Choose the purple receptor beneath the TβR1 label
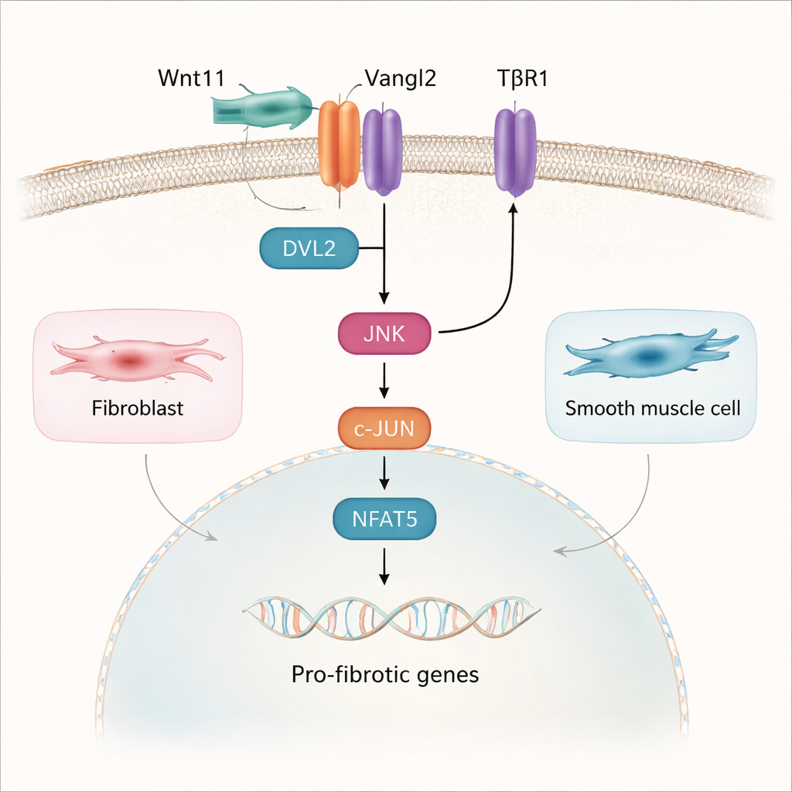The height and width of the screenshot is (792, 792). click(515, 150)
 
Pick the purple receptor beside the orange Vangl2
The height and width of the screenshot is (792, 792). click(382, 150)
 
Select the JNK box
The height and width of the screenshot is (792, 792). click(384, 333)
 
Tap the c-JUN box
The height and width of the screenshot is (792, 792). click(384, 427)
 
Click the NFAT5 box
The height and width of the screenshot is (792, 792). click(384, 519)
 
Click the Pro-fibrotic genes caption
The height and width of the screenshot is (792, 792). click(385, 674)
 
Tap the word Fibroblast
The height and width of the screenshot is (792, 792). click(138, 408)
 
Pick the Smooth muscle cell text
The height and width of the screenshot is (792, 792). click(652, 408)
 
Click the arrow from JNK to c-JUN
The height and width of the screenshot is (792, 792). click(384, 381)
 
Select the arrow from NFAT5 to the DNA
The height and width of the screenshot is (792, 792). click(384, 567)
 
